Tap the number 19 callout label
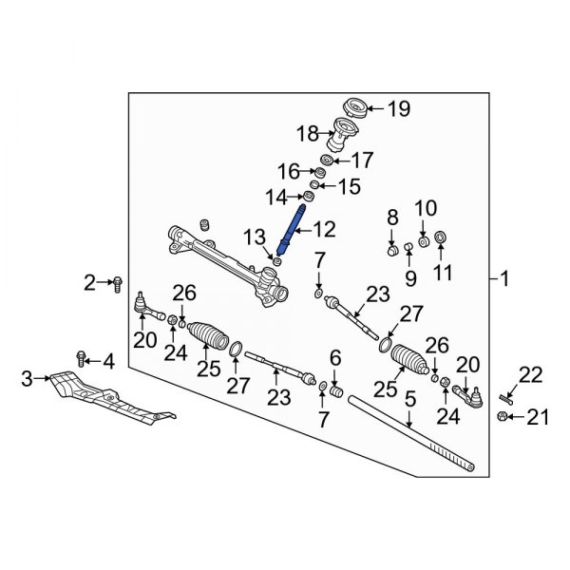click(x=399, y=108)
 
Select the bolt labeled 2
click(x=117, y=282)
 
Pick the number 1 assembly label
click(x=504, y=279)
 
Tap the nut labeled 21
click(x=502, y=415)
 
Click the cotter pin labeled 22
click(x=505, y=396)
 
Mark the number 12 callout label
click(x=325, y=228)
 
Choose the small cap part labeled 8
click(x=390, y=252)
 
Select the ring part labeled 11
click(x=441, y=237)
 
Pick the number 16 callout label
click(x=289, y=171)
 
